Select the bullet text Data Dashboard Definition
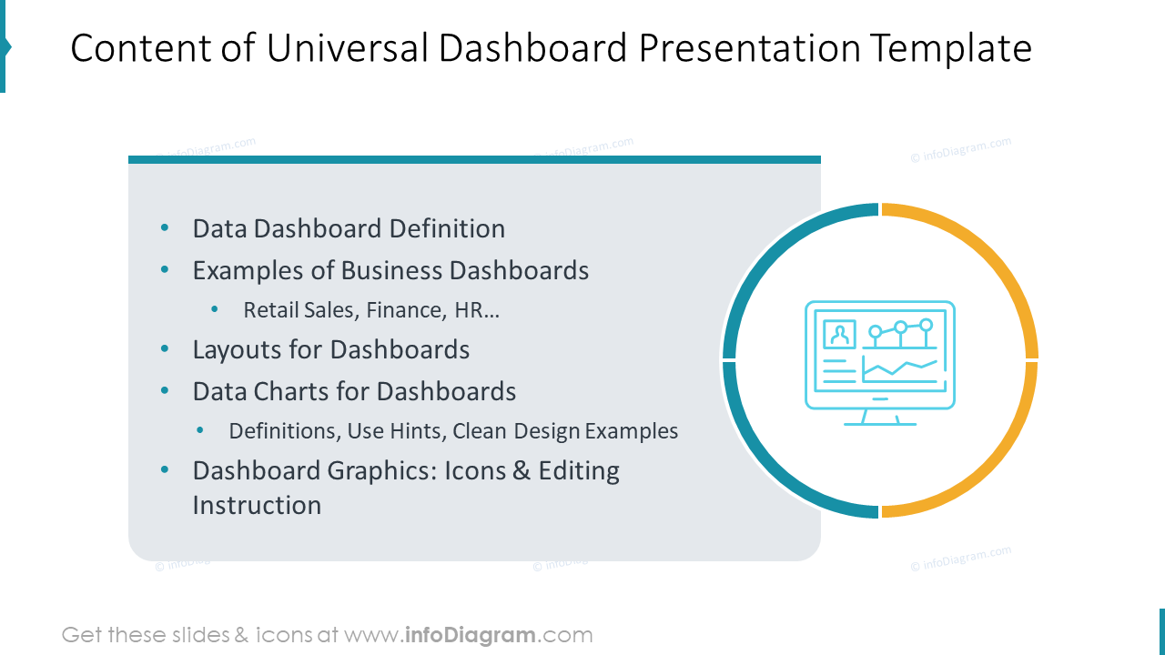coord(349,228)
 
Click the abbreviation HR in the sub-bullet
coord(471,310)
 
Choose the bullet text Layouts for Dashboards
coord(330,349)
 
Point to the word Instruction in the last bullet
coord(257,505)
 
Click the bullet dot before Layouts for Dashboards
coord(165,349)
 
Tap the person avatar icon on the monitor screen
coord(839,334)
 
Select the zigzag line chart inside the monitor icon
coord(899,368)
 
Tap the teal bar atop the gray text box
coord(474,160)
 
